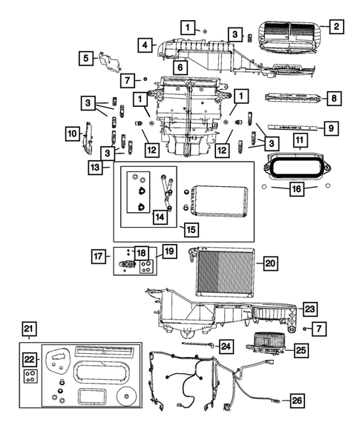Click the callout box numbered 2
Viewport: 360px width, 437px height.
(x=336, y=27)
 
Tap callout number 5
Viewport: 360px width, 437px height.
(x=87, y=57)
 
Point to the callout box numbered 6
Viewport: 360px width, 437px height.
(x=179, y=68)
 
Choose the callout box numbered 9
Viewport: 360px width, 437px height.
(x=332, y=128)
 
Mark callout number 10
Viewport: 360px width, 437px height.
(x=73, y=134)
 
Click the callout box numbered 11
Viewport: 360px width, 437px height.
(x=299, y=140)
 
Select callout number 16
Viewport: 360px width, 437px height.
(x=296, y=190)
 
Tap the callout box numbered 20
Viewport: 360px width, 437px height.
(x=269, y=262)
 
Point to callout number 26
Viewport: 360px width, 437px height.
(x=296, y=401)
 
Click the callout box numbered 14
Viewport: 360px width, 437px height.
(x=160, y=217)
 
